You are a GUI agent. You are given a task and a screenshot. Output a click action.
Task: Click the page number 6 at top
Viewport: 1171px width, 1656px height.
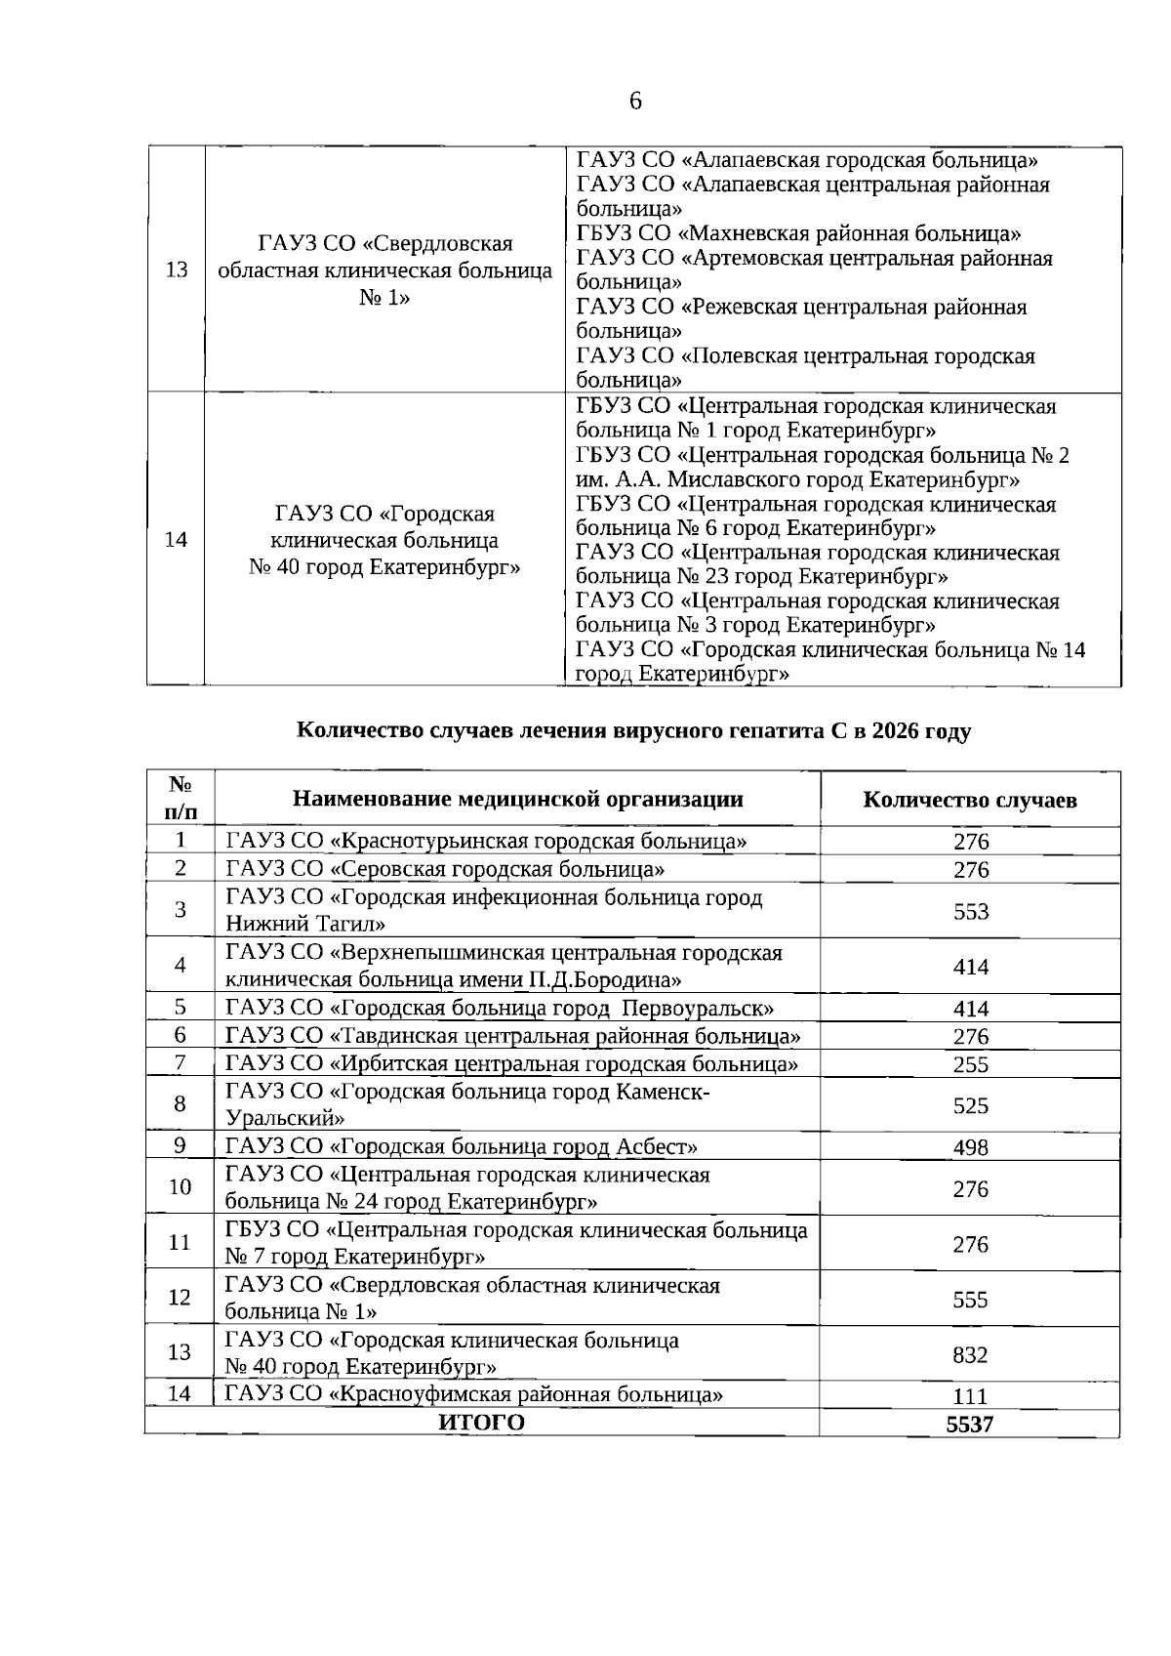pos(635,101)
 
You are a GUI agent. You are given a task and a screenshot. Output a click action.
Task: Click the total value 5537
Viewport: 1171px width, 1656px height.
pos(970,1424)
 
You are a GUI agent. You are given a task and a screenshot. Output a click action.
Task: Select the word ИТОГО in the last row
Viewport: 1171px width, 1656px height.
pos(481,1423)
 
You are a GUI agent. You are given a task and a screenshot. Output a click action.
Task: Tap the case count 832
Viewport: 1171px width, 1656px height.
pos(970,1354)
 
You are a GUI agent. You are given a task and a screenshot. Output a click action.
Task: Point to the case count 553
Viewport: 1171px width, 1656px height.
pos(970,911)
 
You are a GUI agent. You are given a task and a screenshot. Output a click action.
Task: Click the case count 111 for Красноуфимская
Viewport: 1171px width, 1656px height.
pos(970,1396)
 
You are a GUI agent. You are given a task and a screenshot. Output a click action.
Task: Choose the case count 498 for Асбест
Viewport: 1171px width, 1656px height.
pos(970,1147)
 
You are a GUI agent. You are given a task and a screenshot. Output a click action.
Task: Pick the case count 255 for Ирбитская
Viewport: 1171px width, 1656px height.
pos(970,1064)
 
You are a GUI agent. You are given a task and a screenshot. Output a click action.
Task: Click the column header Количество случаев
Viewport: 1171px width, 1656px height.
pos(970,801)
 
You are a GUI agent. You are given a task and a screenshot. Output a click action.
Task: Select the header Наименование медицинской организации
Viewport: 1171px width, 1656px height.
pos(517,799)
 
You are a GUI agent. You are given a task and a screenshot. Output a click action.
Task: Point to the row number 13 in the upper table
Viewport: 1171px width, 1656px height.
pos(177,269)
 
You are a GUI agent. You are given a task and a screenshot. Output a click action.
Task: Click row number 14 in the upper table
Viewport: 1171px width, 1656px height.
pos(177,539)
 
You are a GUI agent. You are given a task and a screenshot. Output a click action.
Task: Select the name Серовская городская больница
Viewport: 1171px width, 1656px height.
pos(498,869)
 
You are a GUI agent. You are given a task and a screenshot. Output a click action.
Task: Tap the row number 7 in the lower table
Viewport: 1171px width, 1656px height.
pos(181,1062)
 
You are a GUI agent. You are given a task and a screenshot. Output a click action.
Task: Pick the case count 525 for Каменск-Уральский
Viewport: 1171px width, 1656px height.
pos(970,1105)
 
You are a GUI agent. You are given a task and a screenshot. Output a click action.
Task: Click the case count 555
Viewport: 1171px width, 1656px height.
pos(970,1299)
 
